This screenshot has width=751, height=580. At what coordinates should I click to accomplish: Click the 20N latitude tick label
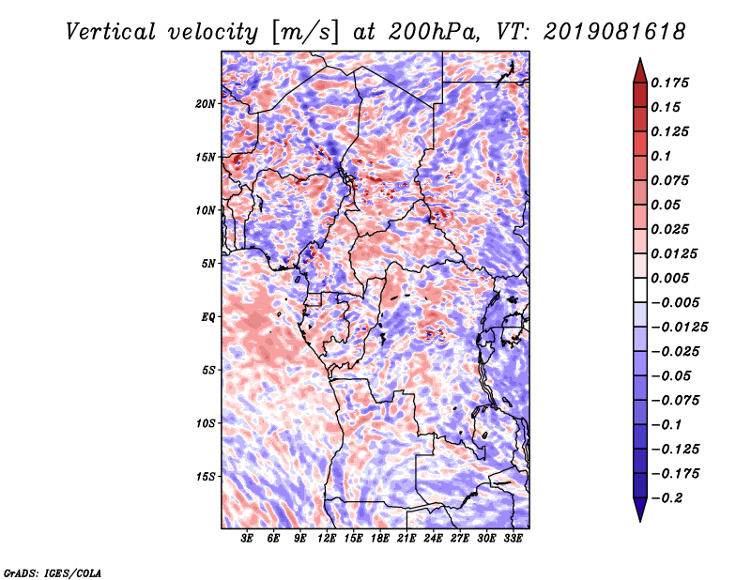click(206, 103)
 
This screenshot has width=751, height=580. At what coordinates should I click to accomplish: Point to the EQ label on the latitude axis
click(207, 316)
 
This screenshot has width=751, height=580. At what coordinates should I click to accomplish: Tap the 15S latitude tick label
click(206, 476)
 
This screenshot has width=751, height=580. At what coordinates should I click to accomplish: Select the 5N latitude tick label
click(208, 264)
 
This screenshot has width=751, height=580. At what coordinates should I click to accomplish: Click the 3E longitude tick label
click(247, 539)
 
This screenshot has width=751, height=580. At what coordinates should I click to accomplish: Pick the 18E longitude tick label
click(380, 539)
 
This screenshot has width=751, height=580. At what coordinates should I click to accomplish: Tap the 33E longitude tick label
click(513, 539)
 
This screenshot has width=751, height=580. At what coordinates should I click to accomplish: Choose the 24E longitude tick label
click(433, 539)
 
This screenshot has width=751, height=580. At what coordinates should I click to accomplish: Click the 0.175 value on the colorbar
click(669, 83)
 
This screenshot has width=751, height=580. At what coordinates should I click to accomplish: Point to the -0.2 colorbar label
click(667, 498)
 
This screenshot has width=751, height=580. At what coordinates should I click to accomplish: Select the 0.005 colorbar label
click(669, 278)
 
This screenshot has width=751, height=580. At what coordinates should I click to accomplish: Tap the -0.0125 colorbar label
click(679, 328)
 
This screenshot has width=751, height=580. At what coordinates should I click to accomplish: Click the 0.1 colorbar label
click(661, 156)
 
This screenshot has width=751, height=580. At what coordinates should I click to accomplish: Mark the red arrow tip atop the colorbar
click(640, 58)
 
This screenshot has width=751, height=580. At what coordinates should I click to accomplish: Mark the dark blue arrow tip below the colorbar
click(640, 521)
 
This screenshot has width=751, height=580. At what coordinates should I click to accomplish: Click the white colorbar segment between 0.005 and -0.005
click(640, 290)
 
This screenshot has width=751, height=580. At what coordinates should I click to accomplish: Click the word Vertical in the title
click(111, 32)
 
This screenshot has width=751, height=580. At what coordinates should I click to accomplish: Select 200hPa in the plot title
click(433, 32)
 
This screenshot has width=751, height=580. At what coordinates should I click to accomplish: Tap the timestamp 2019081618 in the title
click(615, 32)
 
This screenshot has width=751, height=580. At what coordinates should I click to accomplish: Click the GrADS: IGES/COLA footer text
click(53, 572)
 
